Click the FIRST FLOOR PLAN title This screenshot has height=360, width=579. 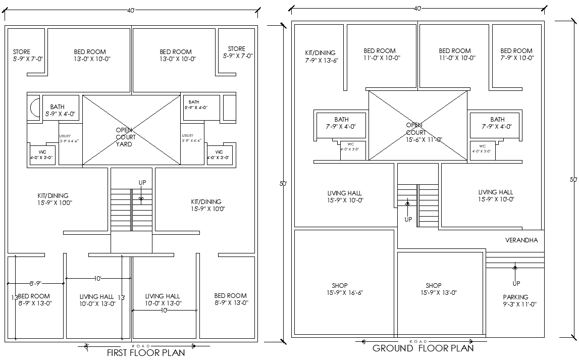tap(145, 352)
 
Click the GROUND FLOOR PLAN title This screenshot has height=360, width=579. tap(423, 348)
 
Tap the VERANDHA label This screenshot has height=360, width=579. tap(521, 240)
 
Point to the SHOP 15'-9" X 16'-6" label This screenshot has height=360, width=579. tap(340, 289)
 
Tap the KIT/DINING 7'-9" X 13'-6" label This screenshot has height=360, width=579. tap(320, 56)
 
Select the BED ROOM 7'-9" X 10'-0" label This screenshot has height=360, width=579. tap(516, 54)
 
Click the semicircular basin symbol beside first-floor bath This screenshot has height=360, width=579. tap(34, 108)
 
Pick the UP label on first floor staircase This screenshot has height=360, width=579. tap(142, 182)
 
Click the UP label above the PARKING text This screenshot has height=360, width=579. tap(516, 283)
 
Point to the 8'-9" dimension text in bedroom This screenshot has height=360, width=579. tap(35, 284)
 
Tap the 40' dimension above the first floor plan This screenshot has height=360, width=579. tap(131, 10)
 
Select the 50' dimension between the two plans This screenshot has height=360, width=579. tap(283, 184)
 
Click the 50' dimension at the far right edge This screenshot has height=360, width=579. tap(573, 179)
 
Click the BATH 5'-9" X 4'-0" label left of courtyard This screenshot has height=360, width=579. tap(59, 111)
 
